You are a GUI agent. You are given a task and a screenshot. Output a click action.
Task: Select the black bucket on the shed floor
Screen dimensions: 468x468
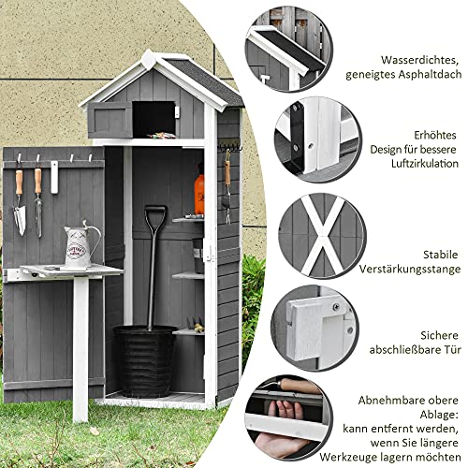146,359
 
